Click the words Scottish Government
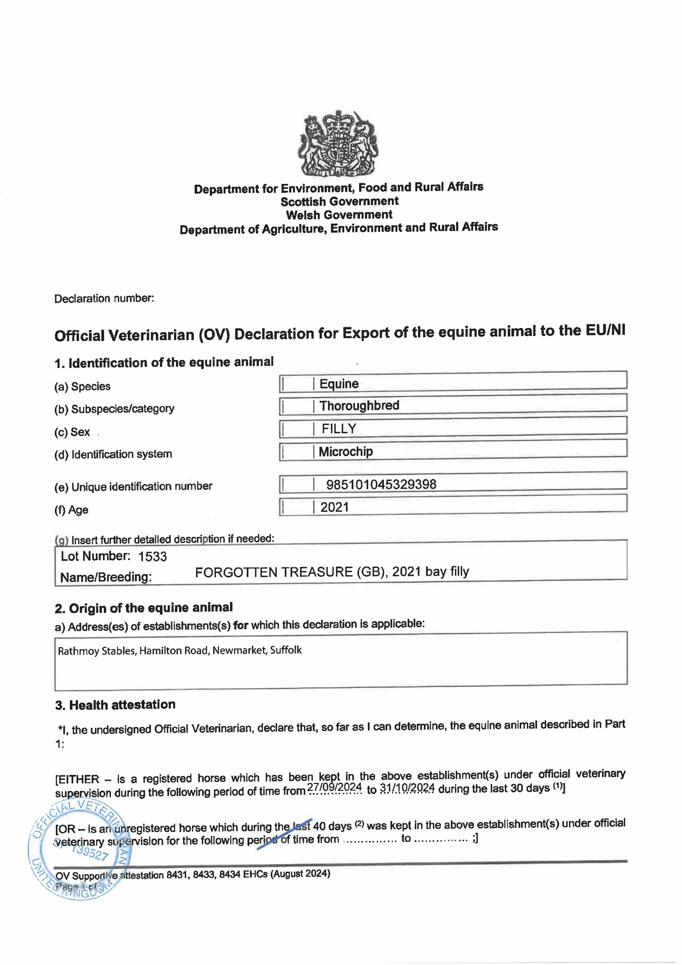point(340,201)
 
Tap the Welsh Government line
point(339,215)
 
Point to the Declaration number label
point(104,298)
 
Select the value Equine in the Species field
point(339,384)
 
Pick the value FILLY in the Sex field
point(339,429)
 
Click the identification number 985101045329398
point(381,484)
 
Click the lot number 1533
point(153,556)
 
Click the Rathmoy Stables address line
point(180,651)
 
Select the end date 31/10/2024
point(407,788)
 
